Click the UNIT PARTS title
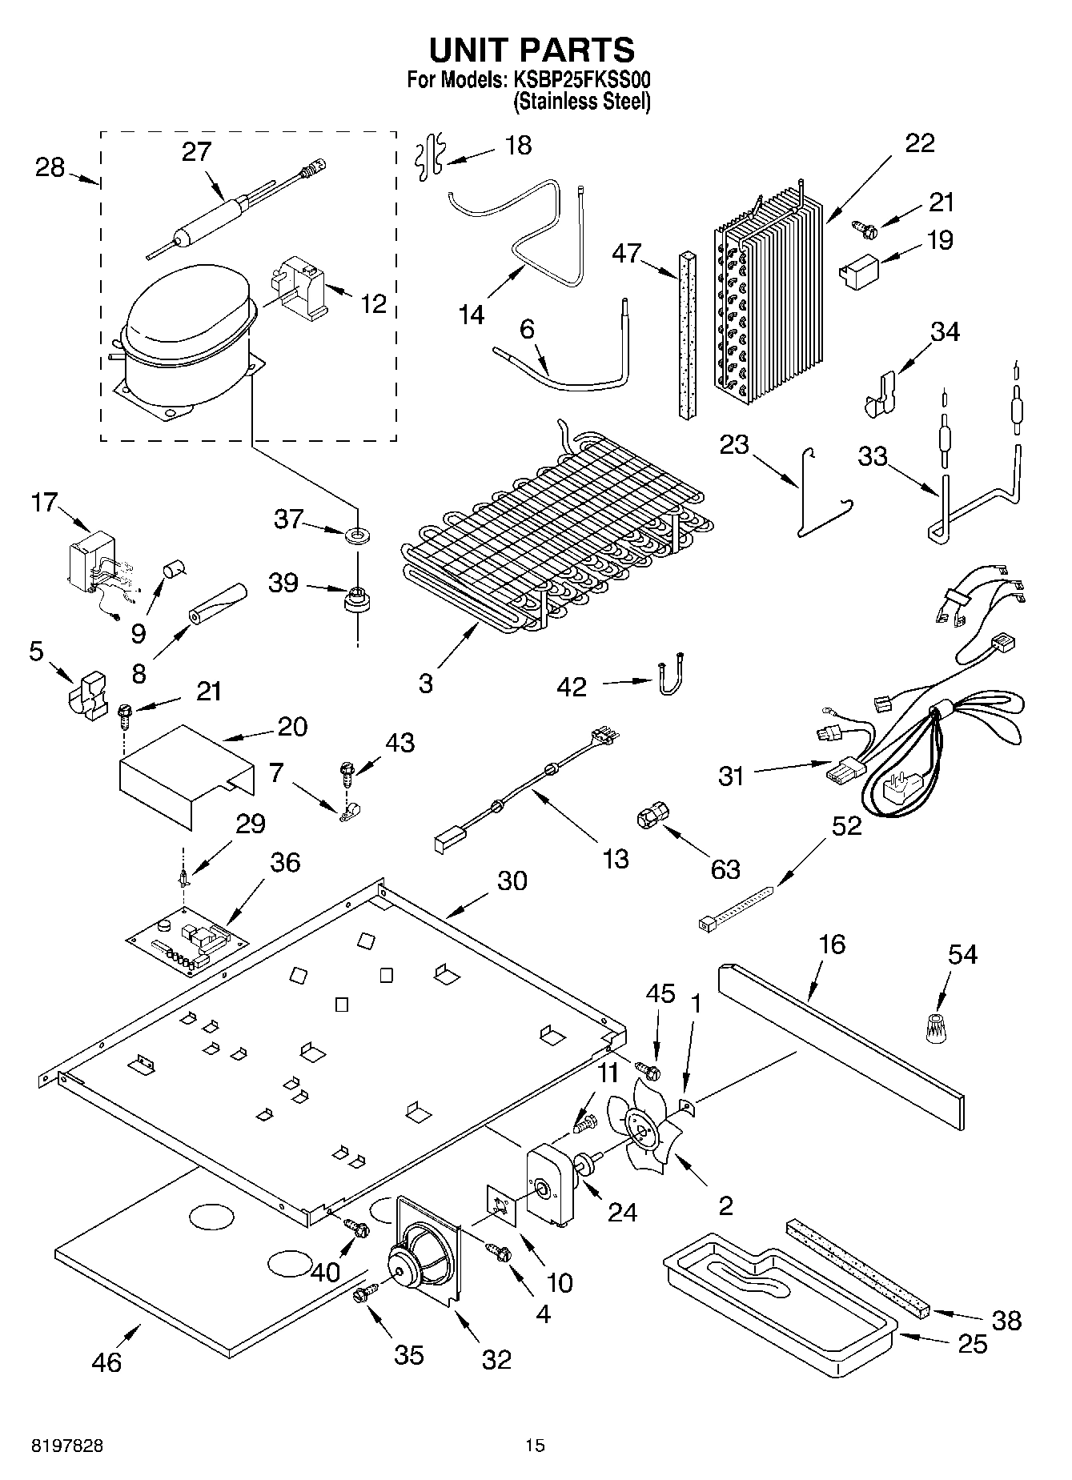(532, 50)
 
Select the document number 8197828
(67, 1446)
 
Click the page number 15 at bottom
(535, 1446)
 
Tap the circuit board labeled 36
(187, 941)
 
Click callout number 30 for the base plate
(512, 880)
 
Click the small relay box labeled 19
(857, 267)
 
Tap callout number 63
(725, 869)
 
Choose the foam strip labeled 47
(686, 334)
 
